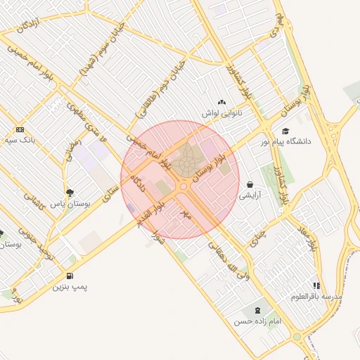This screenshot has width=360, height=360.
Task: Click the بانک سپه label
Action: pos(20,141)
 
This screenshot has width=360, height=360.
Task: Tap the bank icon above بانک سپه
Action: pos(20,129)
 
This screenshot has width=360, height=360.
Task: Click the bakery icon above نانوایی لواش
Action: pos(222,103)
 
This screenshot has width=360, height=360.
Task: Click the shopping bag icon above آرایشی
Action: pos(250,185)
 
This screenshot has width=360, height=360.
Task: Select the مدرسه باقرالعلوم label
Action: pos(317,297)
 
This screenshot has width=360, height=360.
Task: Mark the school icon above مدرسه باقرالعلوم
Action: pos(317,286)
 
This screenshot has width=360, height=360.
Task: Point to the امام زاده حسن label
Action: pos(257,321)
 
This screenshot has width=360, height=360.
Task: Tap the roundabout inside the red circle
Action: pos(184,186)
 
